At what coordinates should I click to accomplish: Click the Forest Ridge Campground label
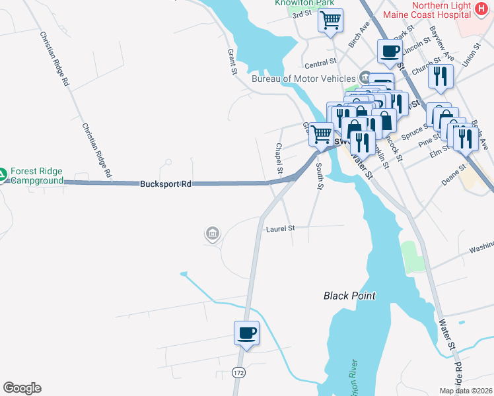coord(37,175)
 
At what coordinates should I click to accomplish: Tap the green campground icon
coord(3,175)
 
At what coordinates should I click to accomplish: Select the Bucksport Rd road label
coord(165,184)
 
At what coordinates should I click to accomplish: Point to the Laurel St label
coord(279,228)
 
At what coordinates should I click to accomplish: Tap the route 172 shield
coord(238,373)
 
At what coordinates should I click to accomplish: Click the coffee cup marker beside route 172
coord(247,333)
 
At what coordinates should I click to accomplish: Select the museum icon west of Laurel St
coord(213,233)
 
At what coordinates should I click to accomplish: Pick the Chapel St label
coord(279,159)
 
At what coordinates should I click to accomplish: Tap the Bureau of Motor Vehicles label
coord(304,79)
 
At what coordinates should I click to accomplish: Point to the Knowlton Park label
coord(298,3)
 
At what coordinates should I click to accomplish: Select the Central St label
coord(321,64)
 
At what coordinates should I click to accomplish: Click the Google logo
coord(22,388)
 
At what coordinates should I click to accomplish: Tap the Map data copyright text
coord(466,391)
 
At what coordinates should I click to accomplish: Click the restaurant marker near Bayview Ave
coord(441,77)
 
